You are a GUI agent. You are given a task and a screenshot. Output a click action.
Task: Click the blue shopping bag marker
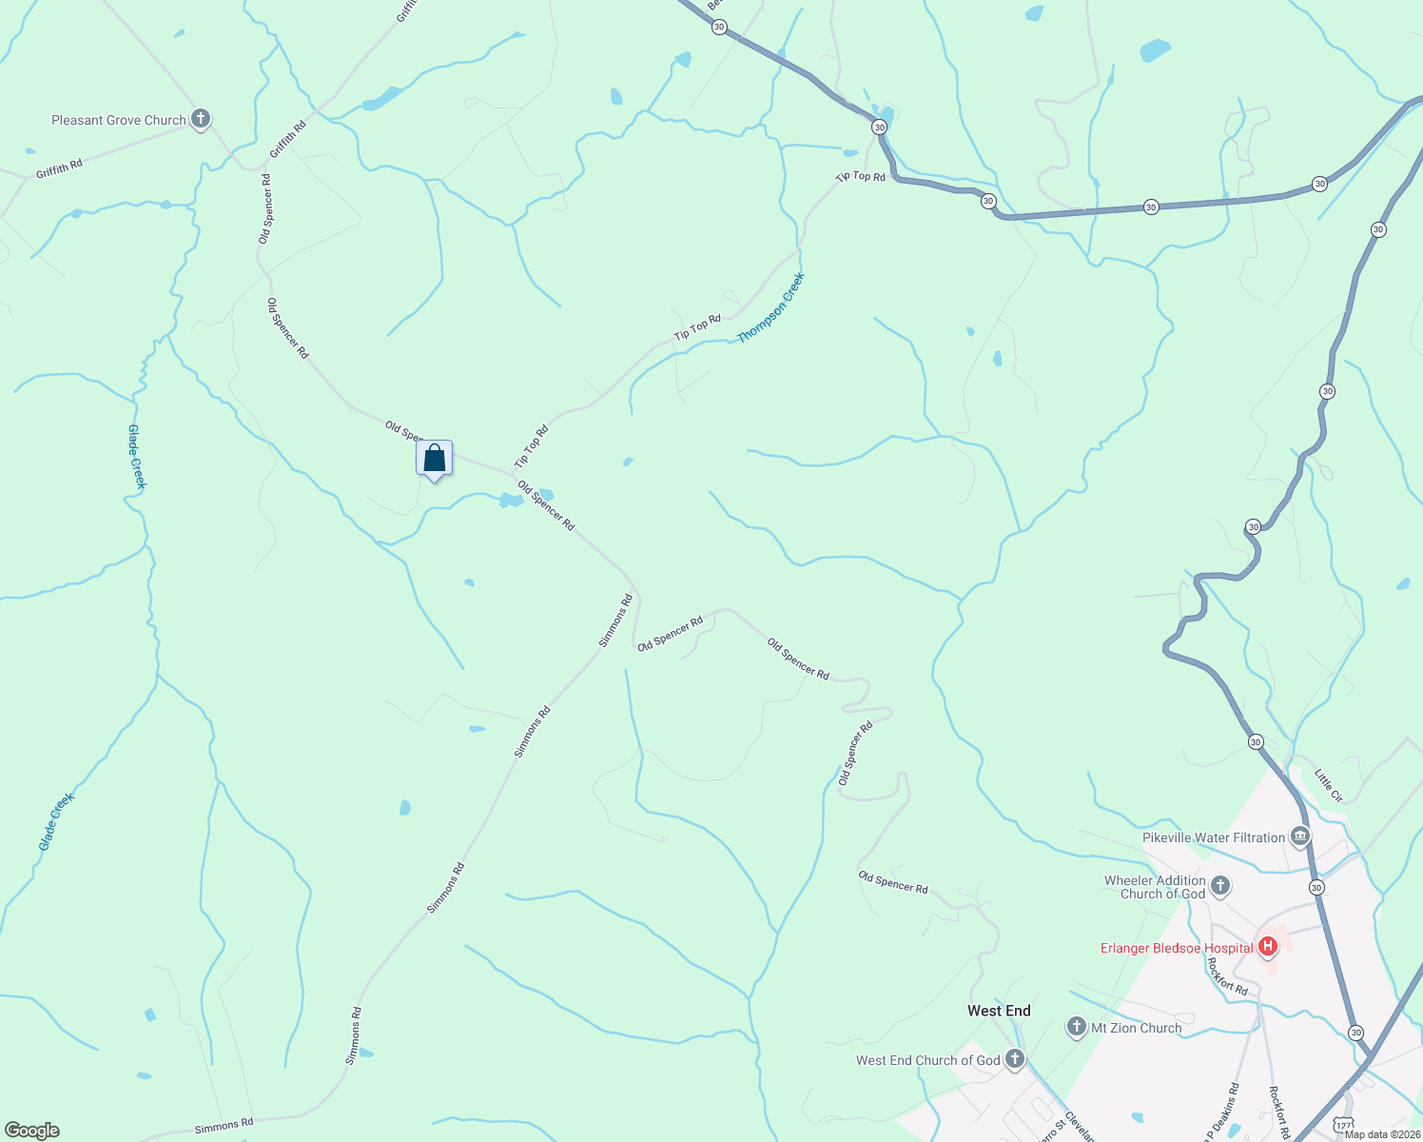click(x=434, y=459)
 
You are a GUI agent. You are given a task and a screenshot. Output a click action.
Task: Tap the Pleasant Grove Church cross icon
click(x=200, y=119)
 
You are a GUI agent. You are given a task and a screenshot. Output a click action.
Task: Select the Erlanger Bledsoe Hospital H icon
click(x=1268, y=947)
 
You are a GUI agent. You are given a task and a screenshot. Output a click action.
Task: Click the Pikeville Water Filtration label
click(x=1213, y=837)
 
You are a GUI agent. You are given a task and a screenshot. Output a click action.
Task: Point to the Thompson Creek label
click(x=771, y=307)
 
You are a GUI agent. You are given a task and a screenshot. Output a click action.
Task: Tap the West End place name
click(x=999, y=1011)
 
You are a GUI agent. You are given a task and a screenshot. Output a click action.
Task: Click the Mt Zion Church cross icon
click(x=1077, y=1027)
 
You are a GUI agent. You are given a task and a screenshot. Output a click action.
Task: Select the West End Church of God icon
click(x=1015, y=1059)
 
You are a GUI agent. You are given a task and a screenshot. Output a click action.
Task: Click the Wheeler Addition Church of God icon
click(x=1220, y=887)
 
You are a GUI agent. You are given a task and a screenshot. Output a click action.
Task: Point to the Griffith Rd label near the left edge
click(x=59, y=168)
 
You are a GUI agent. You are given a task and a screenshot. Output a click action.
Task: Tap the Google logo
click(x=31, y=1131)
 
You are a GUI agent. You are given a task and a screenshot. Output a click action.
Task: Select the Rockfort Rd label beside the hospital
click(x=1227, y=975)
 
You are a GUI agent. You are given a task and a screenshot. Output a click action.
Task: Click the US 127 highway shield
click(x=1341, y=1125)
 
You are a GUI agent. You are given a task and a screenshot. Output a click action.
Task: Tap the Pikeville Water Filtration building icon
click(x=1299, y=837)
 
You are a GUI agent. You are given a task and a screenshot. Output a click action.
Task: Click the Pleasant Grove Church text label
click(x=119, y=120)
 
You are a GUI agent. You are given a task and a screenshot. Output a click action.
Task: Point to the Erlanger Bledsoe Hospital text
click(x=1177, y=948)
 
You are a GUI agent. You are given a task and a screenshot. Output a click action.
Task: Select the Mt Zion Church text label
click(x=1136, y=1028)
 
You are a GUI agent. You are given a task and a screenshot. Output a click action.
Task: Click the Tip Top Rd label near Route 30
click(x=860, y=176)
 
